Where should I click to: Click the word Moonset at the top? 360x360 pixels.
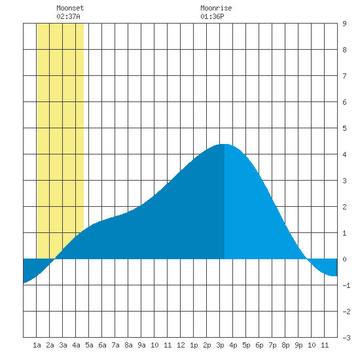[70, 8]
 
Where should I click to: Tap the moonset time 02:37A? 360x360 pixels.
[68, 16]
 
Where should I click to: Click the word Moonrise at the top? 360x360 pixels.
[216, 8]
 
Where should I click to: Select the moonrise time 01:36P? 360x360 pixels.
[212, 16]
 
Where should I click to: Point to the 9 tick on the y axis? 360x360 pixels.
[344, 24]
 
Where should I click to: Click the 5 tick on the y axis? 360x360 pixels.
[344, 128]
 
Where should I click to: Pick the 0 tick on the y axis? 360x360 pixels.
[344, 259]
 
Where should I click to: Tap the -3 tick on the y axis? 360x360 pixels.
[346, 338]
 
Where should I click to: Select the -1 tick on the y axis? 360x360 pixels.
[346, 285]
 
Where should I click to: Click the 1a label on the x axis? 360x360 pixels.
[37, 345]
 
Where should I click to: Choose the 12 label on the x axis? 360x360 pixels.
[181, 345]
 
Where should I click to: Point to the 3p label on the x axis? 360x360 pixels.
[220, 345]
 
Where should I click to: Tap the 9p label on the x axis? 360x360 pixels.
[298, 345]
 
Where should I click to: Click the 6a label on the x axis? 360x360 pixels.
[102, 345]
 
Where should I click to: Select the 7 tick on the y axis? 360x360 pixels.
[344, 76]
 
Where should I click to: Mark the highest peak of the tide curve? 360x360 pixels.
[225, 144]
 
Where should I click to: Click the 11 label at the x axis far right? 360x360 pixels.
[325, 345]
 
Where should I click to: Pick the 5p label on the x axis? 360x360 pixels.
[246, 345]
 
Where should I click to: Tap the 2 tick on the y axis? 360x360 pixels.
[344, 207]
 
